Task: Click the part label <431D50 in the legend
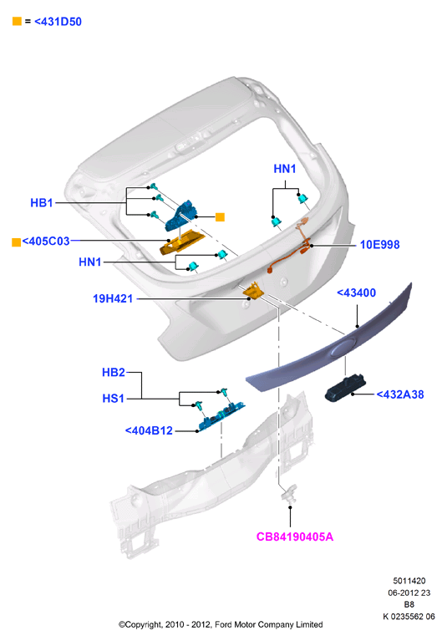click(58, 21)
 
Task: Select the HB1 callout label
click(42, 203)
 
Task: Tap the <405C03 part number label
click(46, 242)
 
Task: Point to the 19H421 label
click(113, 298)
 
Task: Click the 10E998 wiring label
click(379, 245)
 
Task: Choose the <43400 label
click(356, 293)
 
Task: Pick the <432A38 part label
click(400, 394)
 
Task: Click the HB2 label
click(114, 373)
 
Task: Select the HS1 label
click(113, 398)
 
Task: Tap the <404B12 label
click(149, 430)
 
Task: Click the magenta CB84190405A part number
click(295, 537)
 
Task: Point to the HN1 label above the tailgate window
click(285, 169)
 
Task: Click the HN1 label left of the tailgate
click(90, 262)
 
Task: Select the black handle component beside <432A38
click(345, 389)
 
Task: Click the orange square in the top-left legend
click(17, 21)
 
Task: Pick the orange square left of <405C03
click(17, 242)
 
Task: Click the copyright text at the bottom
click(221, 624)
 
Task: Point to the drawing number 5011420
click(409, 581)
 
